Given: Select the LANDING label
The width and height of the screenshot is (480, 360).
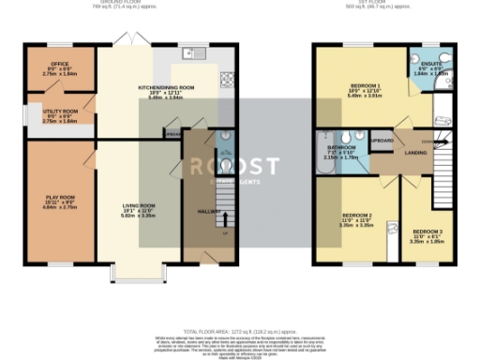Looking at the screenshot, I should click(x=416, y=152).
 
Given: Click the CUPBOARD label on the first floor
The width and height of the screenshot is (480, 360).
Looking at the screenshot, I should click(x=382, y=141).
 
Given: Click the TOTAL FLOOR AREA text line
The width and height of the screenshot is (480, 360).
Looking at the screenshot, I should click(x=239, y=333).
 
